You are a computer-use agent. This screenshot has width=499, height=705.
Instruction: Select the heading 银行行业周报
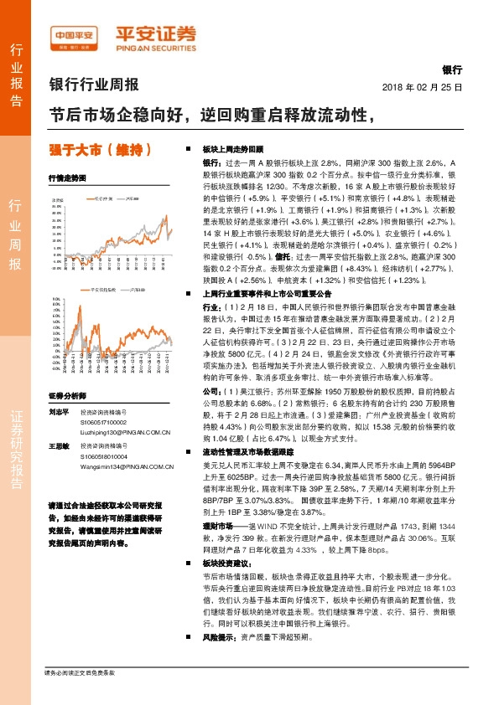tap(94, 85)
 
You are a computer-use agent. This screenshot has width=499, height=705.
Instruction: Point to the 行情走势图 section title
tap(68, 178)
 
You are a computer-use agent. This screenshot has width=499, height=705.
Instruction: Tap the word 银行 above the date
tap(451, 71)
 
